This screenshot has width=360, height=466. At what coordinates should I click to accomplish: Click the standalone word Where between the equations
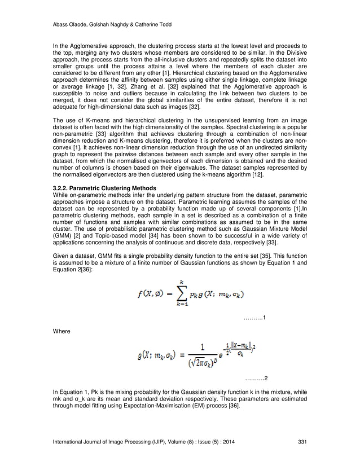pos(61,333)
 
